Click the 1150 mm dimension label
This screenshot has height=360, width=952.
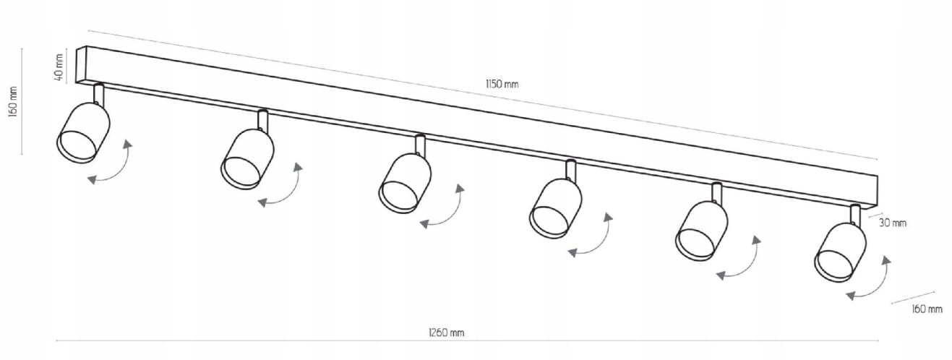(502, 84)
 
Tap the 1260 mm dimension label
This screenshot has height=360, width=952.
(446, 333)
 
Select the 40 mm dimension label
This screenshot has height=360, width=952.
(59, 67)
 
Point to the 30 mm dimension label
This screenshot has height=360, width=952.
(892, 223)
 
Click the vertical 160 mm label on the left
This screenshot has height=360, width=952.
(13, 102)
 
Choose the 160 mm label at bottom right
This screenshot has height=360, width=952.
(927, 309)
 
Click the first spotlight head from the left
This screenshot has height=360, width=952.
(83, 132)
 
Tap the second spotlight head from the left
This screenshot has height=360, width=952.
(247, 159)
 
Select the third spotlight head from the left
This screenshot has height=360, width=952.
(405, 183)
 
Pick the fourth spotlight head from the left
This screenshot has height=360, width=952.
(556, 208)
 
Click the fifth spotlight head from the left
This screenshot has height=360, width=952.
(702, 231)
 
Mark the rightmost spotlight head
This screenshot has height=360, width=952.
(840, 252)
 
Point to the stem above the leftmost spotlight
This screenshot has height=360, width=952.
(98, 94)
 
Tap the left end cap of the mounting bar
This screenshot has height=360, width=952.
(81, 64)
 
